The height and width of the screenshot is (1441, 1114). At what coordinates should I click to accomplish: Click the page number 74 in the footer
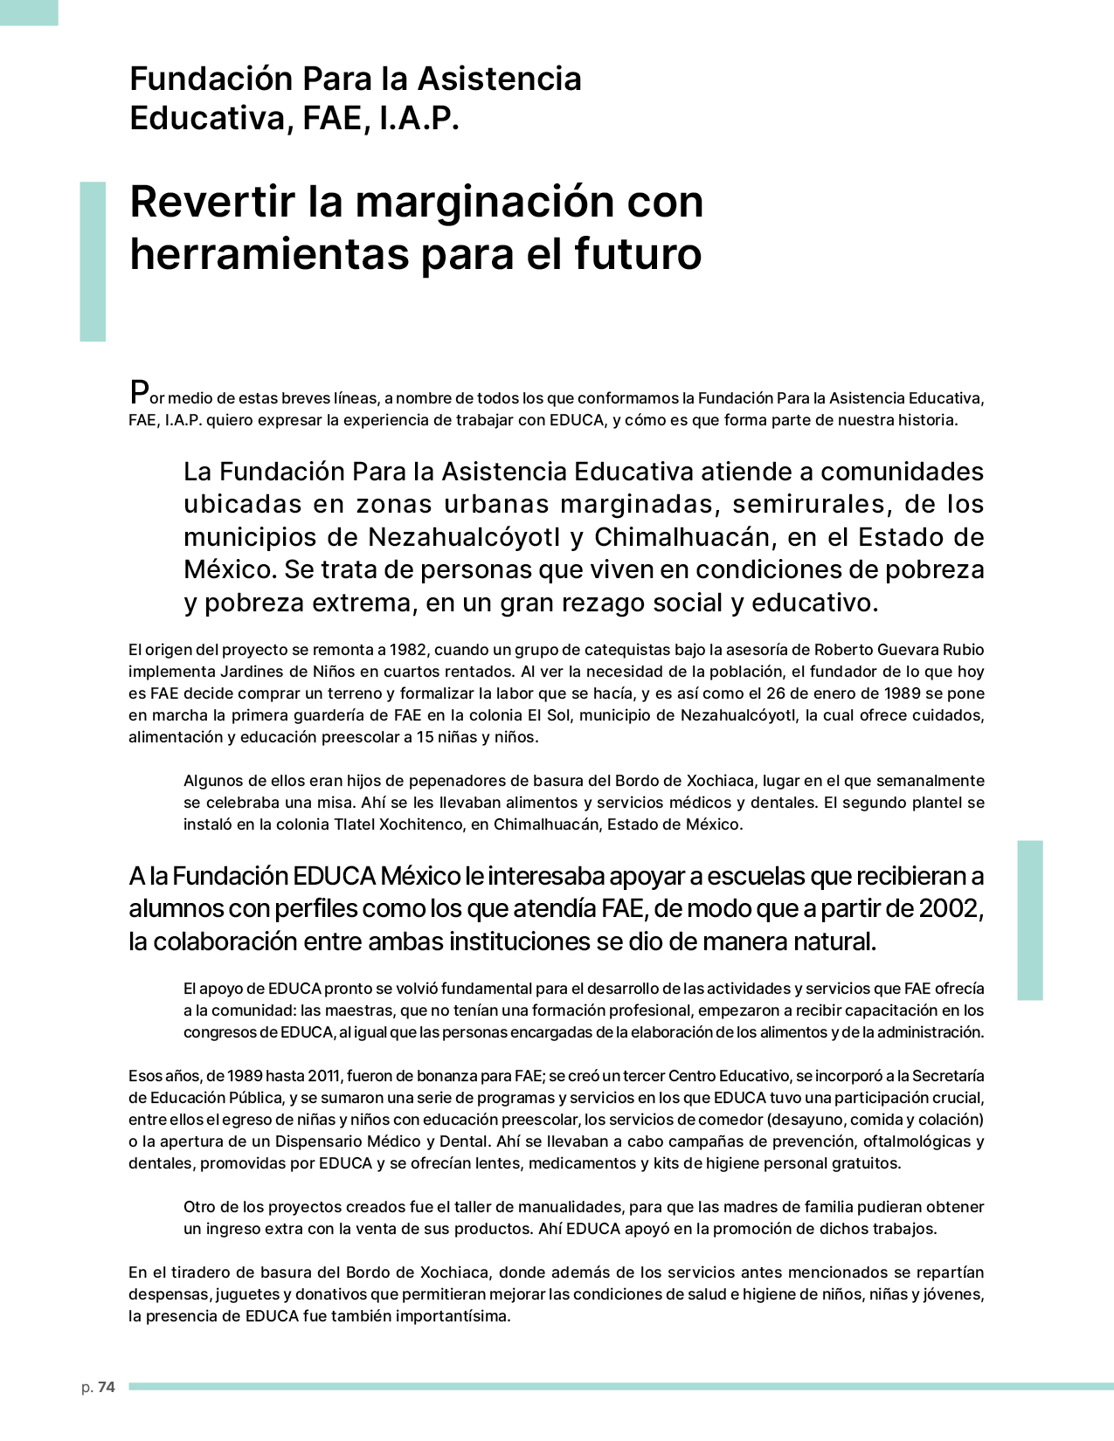pos(106,1387)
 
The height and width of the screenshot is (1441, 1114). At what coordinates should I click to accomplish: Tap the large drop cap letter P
pos(138,392)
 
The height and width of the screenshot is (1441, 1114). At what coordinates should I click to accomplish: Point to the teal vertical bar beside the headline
pos(93,261)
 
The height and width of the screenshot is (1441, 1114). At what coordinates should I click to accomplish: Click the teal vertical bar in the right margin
pos(1030,920)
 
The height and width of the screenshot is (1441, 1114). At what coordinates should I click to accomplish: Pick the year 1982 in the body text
pos(408,650)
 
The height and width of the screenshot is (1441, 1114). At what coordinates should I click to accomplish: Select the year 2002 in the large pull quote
pos(951,908)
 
